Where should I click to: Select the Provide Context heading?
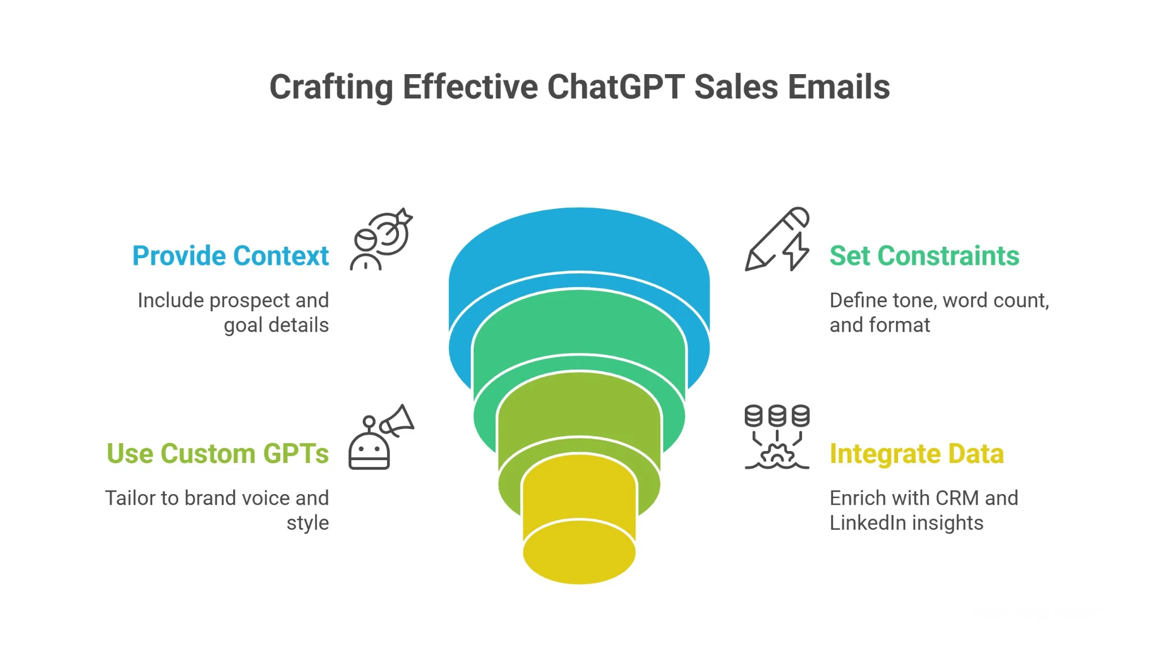pyautogui.click(x=230, y=256)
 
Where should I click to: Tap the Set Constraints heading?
pyautogui.click(x=924, y=256)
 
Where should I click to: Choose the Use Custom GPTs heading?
pyautogui.click(x=217, y=454)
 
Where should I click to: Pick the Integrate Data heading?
pyautogui.click(x=916, y=454)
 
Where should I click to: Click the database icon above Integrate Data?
pyautogui.click(x=776, y=416)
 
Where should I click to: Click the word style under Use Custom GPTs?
pyautogui.click(x=307, y=523)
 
